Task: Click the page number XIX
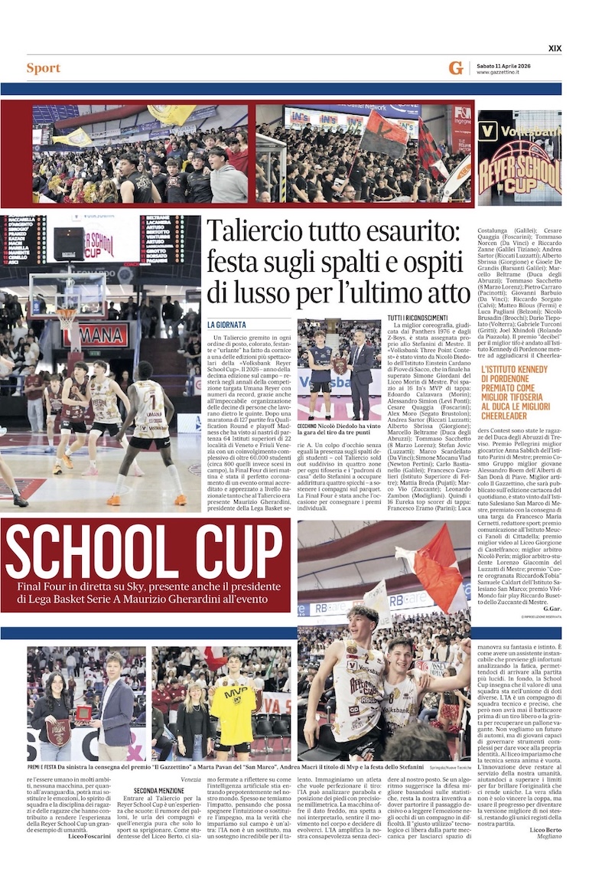coord(555,48)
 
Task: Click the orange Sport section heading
coord(43,68)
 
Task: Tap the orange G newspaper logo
coord(456,68)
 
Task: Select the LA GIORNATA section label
coord(226,325)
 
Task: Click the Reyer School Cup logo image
coord(519,158)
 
